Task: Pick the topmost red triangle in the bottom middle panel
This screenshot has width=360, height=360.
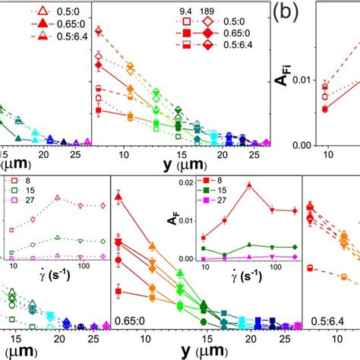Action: [118, 197]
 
